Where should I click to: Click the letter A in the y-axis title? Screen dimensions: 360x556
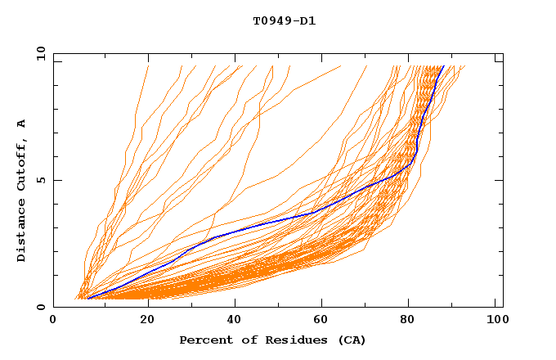(22, 124)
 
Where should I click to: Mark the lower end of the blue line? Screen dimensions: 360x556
(87, 298)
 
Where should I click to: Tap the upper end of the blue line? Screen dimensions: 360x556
(443, 66)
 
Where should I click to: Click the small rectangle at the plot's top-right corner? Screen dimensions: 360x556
(498, 58)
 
